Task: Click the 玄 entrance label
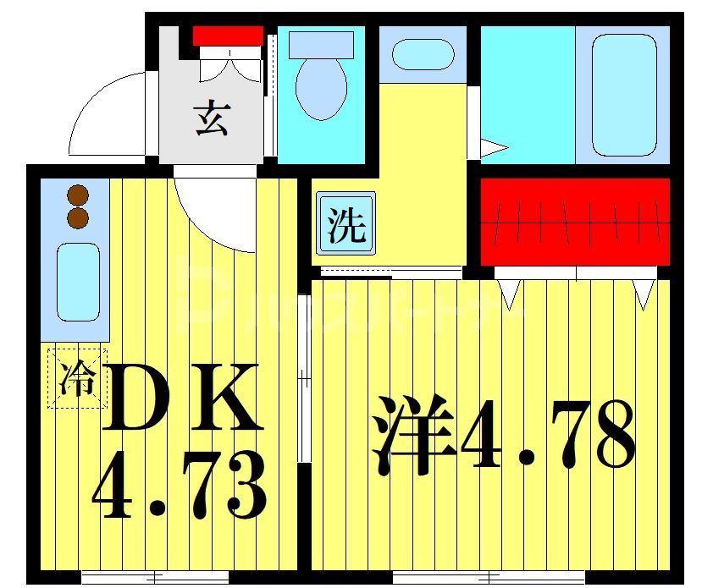click(x=212, y=118)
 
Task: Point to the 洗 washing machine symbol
click(x=345, y=224)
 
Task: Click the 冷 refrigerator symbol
click(x=77, y=377)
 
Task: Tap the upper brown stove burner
click(x=78, y=195)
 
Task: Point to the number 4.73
click(x=178, y=488)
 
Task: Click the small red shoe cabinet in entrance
click(x=228, y=36)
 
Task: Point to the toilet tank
click(x=321, y=44)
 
